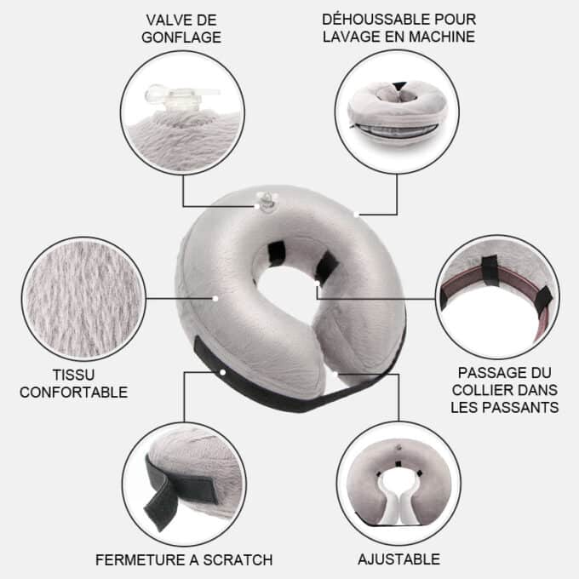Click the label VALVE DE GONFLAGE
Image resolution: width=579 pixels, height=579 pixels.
(x=182, y=28)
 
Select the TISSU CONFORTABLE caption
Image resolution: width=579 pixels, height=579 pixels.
(x=73, y=383)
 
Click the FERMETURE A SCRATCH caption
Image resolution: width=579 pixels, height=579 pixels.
(x=184, y=559)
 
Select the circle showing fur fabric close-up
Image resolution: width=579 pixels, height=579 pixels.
(x=83, y=298)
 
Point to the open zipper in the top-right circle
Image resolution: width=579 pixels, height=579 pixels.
(x=398, y=130)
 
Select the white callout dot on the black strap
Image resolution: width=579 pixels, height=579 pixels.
(x=222, y=372)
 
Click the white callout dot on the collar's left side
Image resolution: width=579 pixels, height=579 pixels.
(x=216, y=298)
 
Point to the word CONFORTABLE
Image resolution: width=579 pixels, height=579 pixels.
(x=73, y=393)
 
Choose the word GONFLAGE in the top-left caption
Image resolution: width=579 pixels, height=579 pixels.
(x=182, y=37)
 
